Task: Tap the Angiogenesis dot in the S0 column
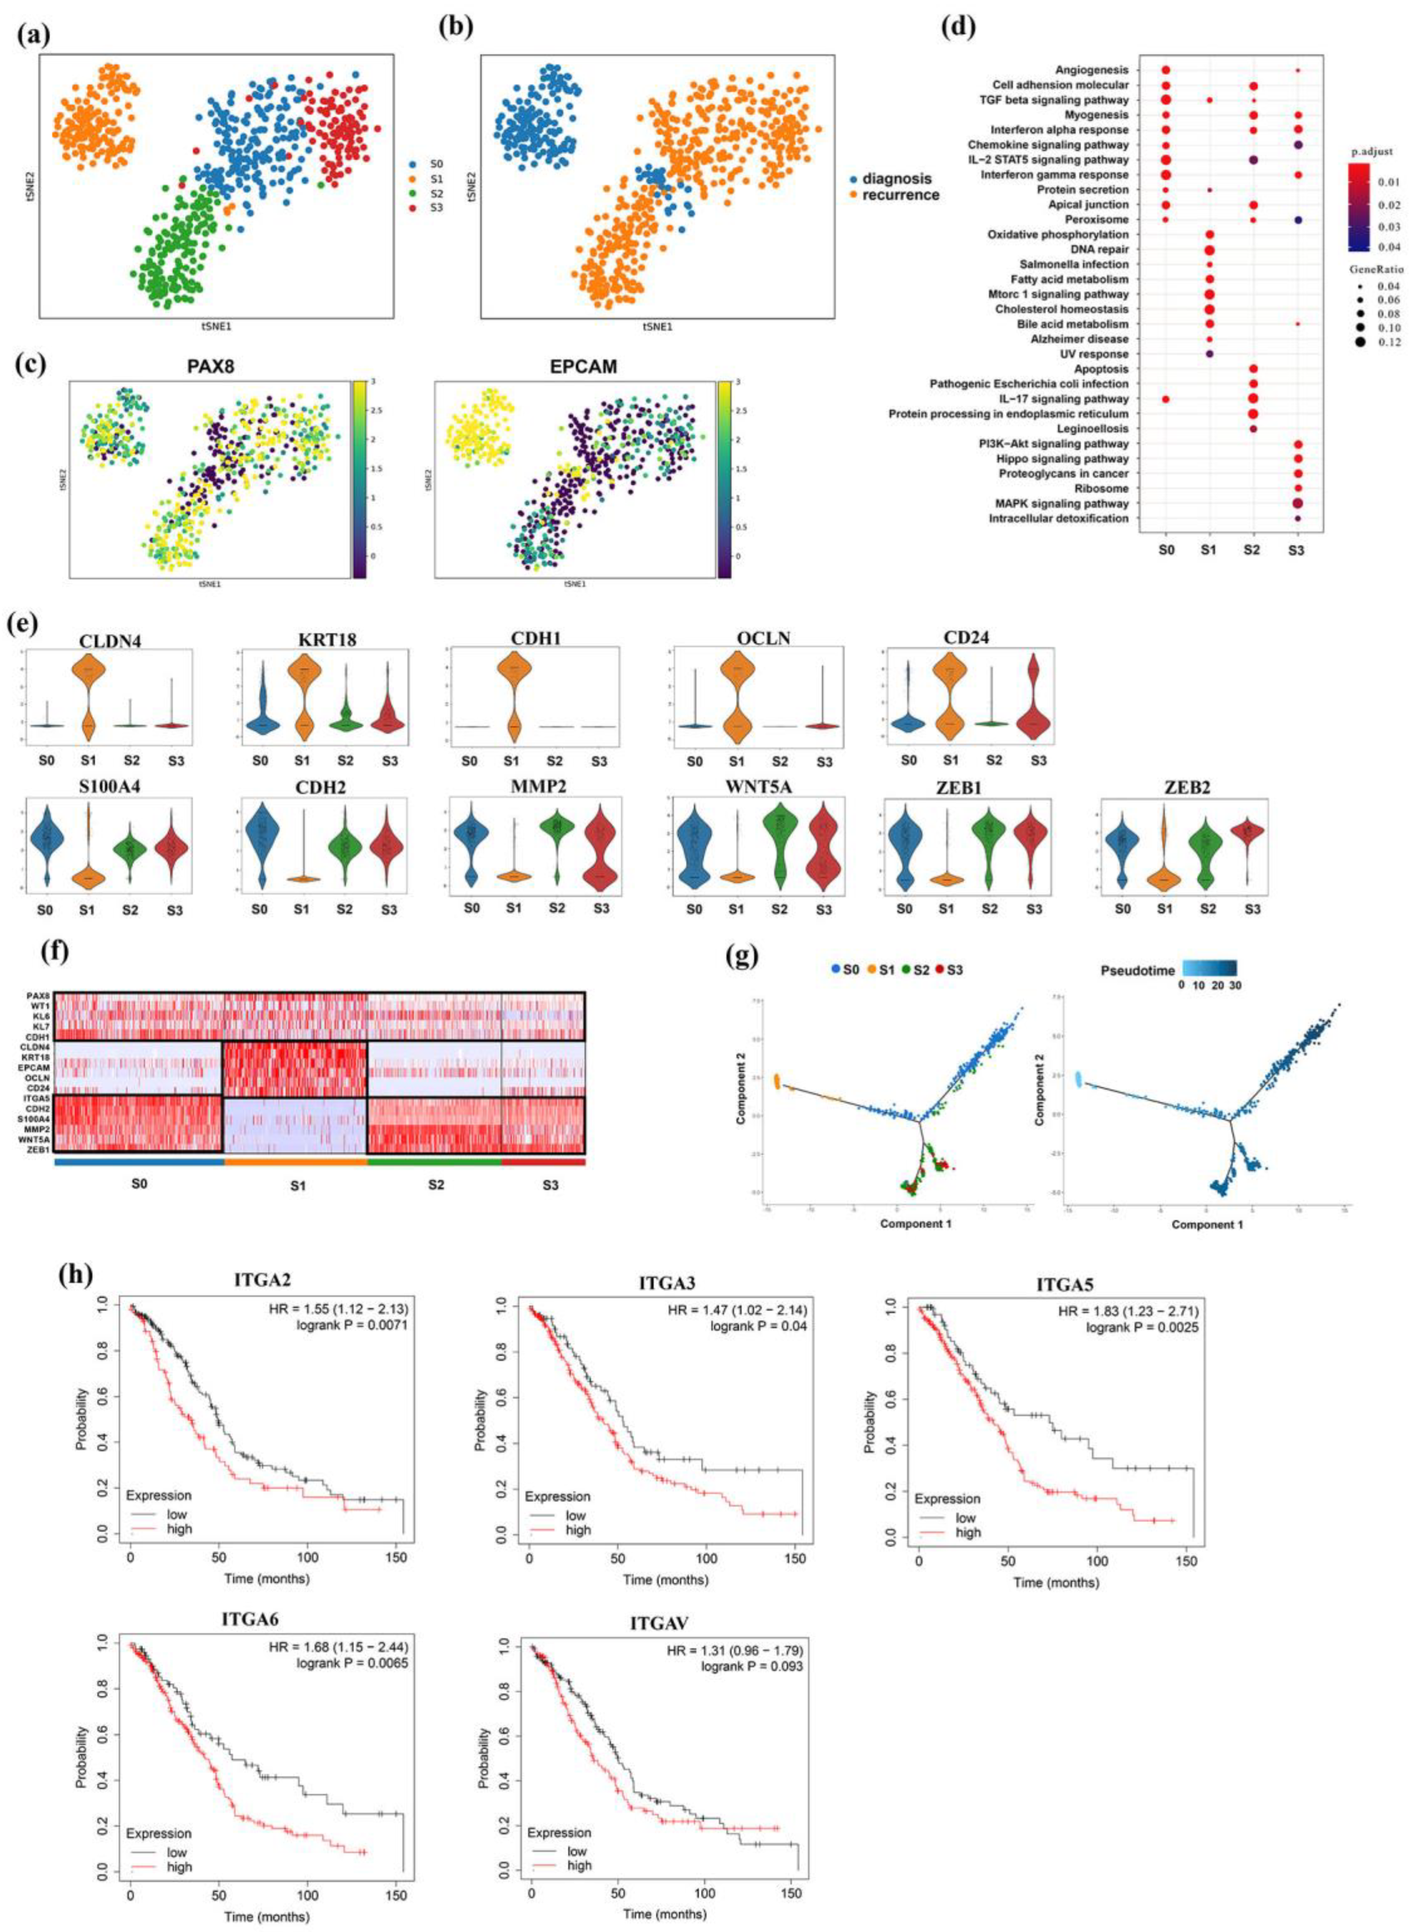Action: point(1166,70)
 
